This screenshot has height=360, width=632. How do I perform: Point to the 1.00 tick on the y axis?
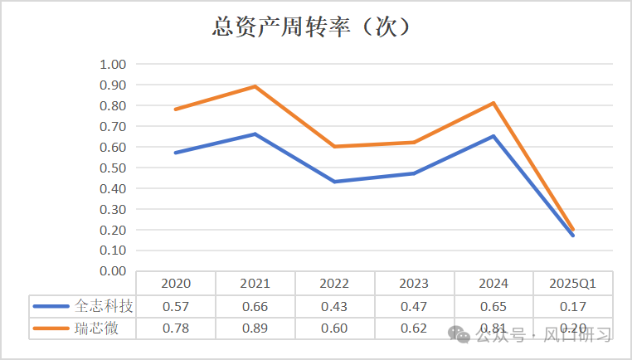(x=112, y=65)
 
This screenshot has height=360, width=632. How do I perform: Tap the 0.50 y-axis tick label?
(x=112, y=168)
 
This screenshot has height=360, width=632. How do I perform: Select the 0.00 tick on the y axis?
(x=112, y=271)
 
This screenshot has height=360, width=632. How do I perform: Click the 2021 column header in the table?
(x=255, y=284)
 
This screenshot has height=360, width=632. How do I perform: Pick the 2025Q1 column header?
(x=573, y=284)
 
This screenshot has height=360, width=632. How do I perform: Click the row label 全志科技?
(x=98, y=306)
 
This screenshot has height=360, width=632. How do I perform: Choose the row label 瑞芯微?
(x=91, y=328)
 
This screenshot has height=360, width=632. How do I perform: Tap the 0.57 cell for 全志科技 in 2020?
(x=175, y=306)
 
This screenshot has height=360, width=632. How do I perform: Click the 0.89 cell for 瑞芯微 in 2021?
(x=255, y=328)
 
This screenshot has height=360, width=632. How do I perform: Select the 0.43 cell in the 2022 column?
(x=334, y=306)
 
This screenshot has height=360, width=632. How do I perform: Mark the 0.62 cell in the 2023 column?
(x=414, y=328)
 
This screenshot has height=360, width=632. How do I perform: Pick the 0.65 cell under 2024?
(x=493, y=306)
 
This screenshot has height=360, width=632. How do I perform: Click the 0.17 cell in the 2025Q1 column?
(x=573, y=306)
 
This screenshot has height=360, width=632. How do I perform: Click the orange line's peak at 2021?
(x=255, y=86)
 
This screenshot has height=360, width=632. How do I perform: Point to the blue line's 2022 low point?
(x=334, y=182)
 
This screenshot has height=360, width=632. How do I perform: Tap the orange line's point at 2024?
(x=493, y=103)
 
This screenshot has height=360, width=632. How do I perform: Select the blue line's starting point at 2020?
(x=175, y=153)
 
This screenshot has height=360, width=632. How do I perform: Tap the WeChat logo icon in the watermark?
(x=458, y=334)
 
